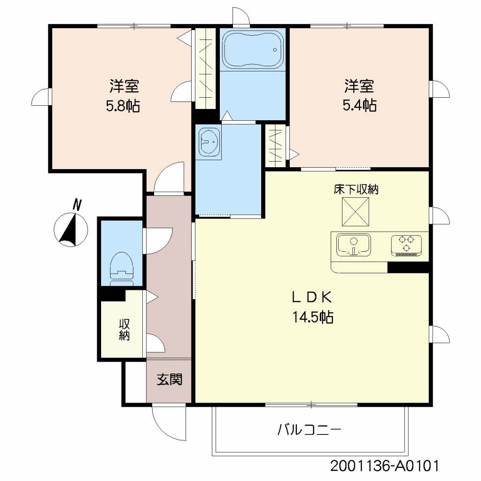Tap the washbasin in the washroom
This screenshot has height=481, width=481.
point(209,141)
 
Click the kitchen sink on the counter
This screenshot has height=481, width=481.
point(353,244)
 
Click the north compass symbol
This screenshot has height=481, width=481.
point(71,229)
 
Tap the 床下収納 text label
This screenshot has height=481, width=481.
point(356,190)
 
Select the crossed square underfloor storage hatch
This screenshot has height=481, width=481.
point(355,211)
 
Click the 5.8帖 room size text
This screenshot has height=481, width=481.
point(123,106)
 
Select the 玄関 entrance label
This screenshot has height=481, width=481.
point(169,380)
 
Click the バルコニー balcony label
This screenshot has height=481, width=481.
point(308,429)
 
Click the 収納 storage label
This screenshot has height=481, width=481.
point(124,330)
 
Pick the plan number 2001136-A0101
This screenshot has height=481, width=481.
point(385,466)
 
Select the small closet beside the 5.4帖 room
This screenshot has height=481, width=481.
point(276,145)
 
